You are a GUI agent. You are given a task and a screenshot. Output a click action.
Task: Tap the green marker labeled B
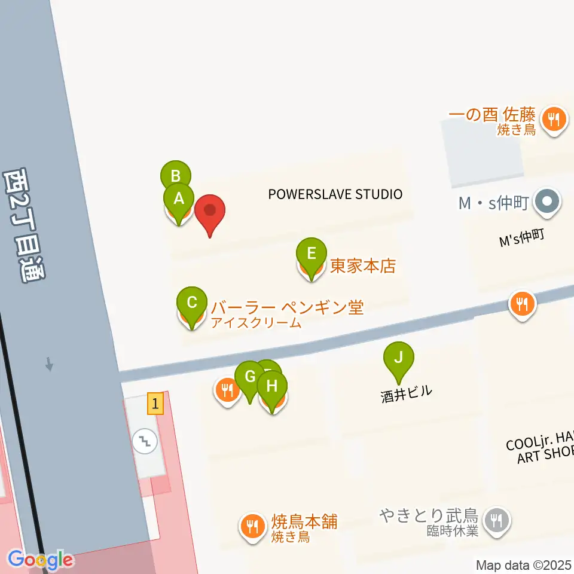[x=176, y=176]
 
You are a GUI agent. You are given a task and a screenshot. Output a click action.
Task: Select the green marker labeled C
[x=192, y=302]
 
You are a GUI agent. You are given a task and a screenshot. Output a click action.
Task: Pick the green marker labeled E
[x=312, y=253]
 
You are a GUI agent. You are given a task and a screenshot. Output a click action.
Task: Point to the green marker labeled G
[x=250, y=377]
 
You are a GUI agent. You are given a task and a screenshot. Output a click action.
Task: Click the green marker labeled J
[x=399, y=358]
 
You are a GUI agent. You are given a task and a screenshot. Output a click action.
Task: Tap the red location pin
[x=210, y=211]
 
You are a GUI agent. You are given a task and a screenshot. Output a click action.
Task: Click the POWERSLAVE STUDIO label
[x=335, y=194]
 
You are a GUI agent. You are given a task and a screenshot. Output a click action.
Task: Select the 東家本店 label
[x=363, y=266]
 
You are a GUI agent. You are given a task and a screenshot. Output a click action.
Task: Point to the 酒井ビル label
[x=406, y=394]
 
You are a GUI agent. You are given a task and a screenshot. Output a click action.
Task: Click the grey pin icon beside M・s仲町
[x=546, y=203]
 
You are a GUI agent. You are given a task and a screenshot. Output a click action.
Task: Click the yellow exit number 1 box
[x=155, y=404]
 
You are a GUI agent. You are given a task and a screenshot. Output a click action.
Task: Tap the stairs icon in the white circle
[x=145, y=442]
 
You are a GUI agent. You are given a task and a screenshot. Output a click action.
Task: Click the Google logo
[x=41, y=560]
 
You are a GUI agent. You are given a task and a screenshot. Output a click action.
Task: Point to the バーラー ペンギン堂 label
[x=287, y=308]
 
